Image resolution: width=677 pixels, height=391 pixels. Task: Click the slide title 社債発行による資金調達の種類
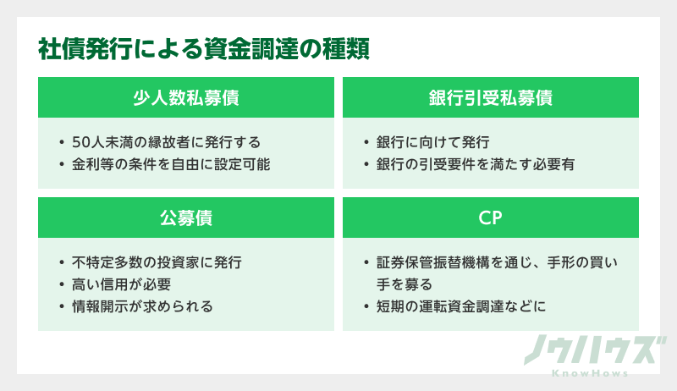(x=204, y=50)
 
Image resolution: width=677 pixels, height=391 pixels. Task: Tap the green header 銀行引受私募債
(x=491, y=97)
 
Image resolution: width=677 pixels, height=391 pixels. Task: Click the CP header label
(x=491, y=218)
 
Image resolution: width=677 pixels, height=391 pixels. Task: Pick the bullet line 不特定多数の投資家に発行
(x=157, y=262)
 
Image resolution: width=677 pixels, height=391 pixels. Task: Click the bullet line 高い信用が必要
(x=122, y=284)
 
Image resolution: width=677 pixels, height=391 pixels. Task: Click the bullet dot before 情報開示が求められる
(x=62, y=306)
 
